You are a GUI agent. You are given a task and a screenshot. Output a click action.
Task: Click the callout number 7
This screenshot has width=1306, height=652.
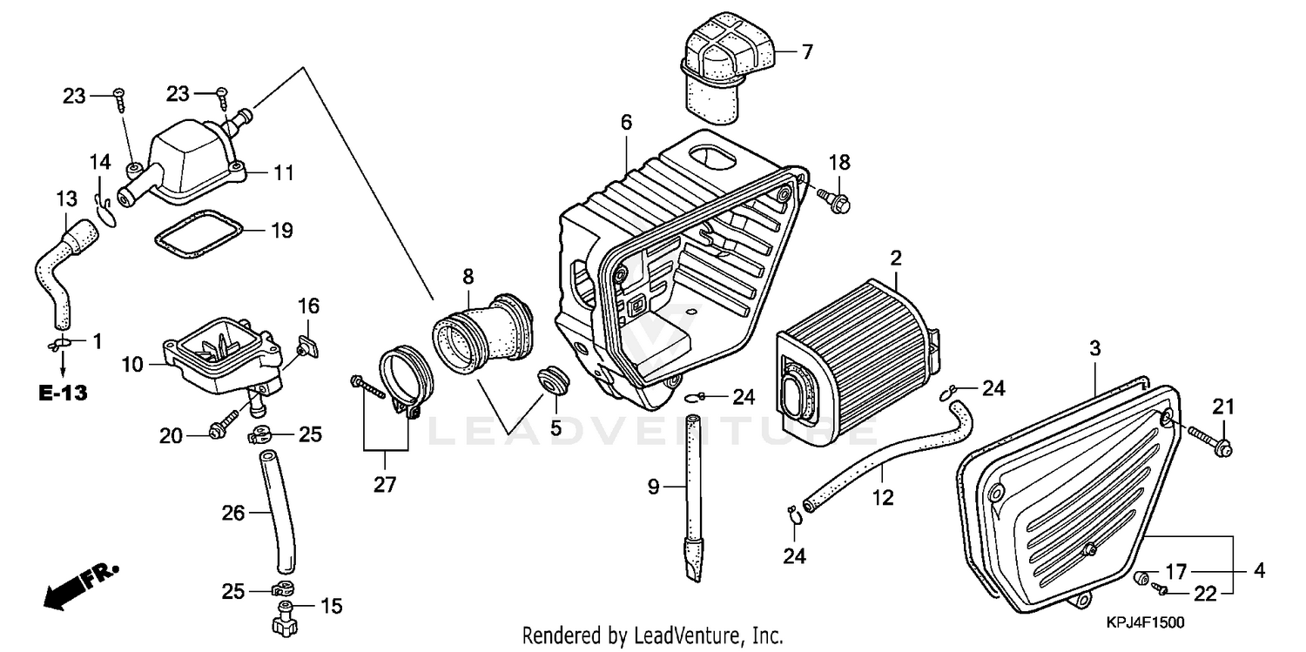pos(806,52)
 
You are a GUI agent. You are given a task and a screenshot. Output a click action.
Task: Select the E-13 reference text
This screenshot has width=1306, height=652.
pos(64,393)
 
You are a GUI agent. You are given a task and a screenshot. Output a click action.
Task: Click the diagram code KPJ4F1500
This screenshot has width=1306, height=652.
pos(1145,623)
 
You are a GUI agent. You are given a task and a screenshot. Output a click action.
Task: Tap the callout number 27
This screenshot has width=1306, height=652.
pos(384,485)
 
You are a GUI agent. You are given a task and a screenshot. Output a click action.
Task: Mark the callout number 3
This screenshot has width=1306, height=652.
pos(1094,349)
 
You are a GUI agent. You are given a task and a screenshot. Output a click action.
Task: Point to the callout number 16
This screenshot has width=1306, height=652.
pos(309,306)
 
